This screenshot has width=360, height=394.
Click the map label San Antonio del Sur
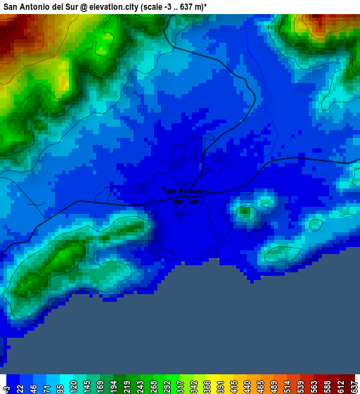tap(186, 196)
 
